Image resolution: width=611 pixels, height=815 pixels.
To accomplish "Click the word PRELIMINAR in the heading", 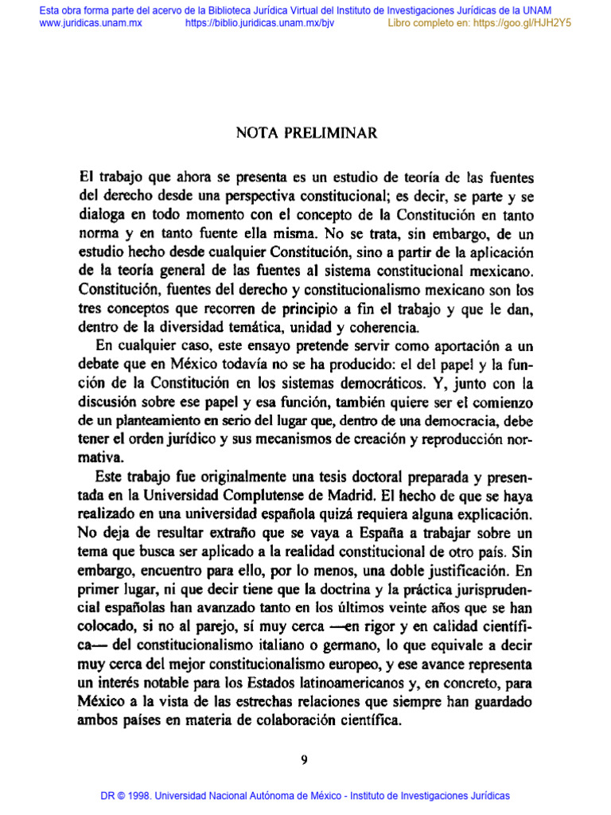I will (338, 132).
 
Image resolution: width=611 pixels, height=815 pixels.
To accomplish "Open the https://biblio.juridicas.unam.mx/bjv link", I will (259, 23).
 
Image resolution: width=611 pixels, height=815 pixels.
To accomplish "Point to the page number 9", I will (304, 759).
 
